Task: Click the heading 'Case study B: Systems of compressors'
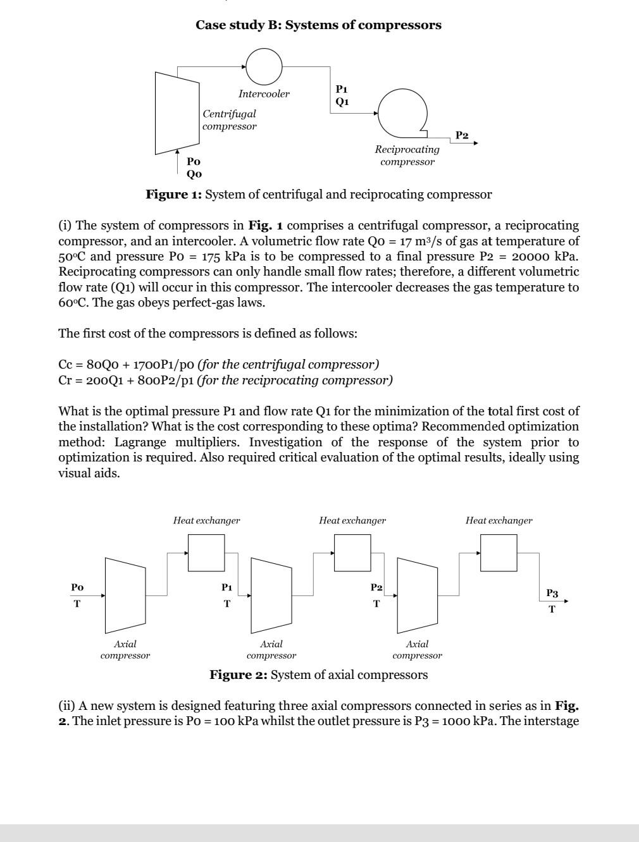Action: [318, 25]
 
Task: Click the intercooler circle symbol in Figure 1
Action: [264, 66]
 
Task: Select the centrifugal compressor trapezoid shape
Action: [177, 113]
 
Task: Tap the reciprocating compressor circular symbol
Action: [403, 113]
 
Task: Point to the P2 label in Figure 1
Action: [462, 135]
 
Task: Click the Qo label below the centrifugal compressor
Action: [194, 174]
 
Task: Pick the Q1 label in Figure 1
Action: [342, 101]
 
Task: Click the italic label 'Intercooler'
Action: [264, 94]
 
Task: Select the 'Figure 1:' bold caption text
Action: [173, 195]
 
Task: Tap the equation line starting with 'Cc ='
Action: [218, 365]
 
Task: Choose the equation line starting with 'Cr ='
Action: [225, 381]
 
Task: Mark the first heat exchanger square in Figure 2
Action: [206, 552]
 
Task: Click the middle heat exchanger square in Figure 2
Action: [352, 552]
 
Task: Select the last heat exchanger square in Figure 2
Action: [499, 552]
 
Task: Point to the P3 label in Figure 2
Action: [552, 593]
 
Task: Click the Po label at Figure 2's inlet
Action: [77, 587]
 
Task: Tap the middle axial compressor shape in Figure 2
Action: [271, 595]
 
